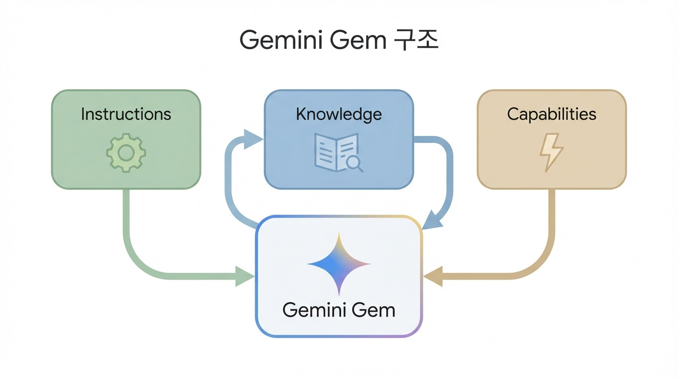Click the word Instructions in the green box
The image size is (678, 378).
coord(126,114)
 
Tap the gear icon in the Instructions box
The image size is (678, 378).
coord(126,153)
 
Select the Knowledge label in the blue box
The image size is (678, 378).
coord(339,114)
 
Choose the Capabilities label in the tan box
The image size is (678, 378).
coord(551,114)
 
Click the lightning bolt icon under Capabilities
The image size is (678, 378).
coord(551,153)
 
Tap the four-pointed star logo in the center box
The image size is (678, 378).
coord(339,264)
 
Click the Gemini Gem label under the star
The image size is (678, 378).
coord(339,310)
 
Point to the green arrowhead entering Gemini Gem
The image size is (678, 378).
coord(245,276)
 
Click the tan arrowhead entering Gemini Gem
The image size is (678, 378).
coord(433,276)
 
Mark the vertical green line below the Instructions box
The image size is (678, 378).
coord(127,217)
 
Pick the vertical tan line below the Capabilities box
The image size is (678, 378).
coord(551,217)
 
